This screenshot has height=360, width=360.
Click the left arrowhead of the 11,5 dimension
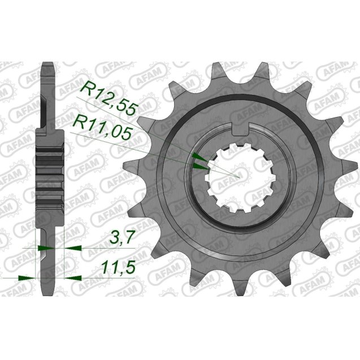(x=25, y=277)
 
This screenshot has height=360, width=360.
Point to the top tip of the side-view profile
(x=49, y=65)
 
